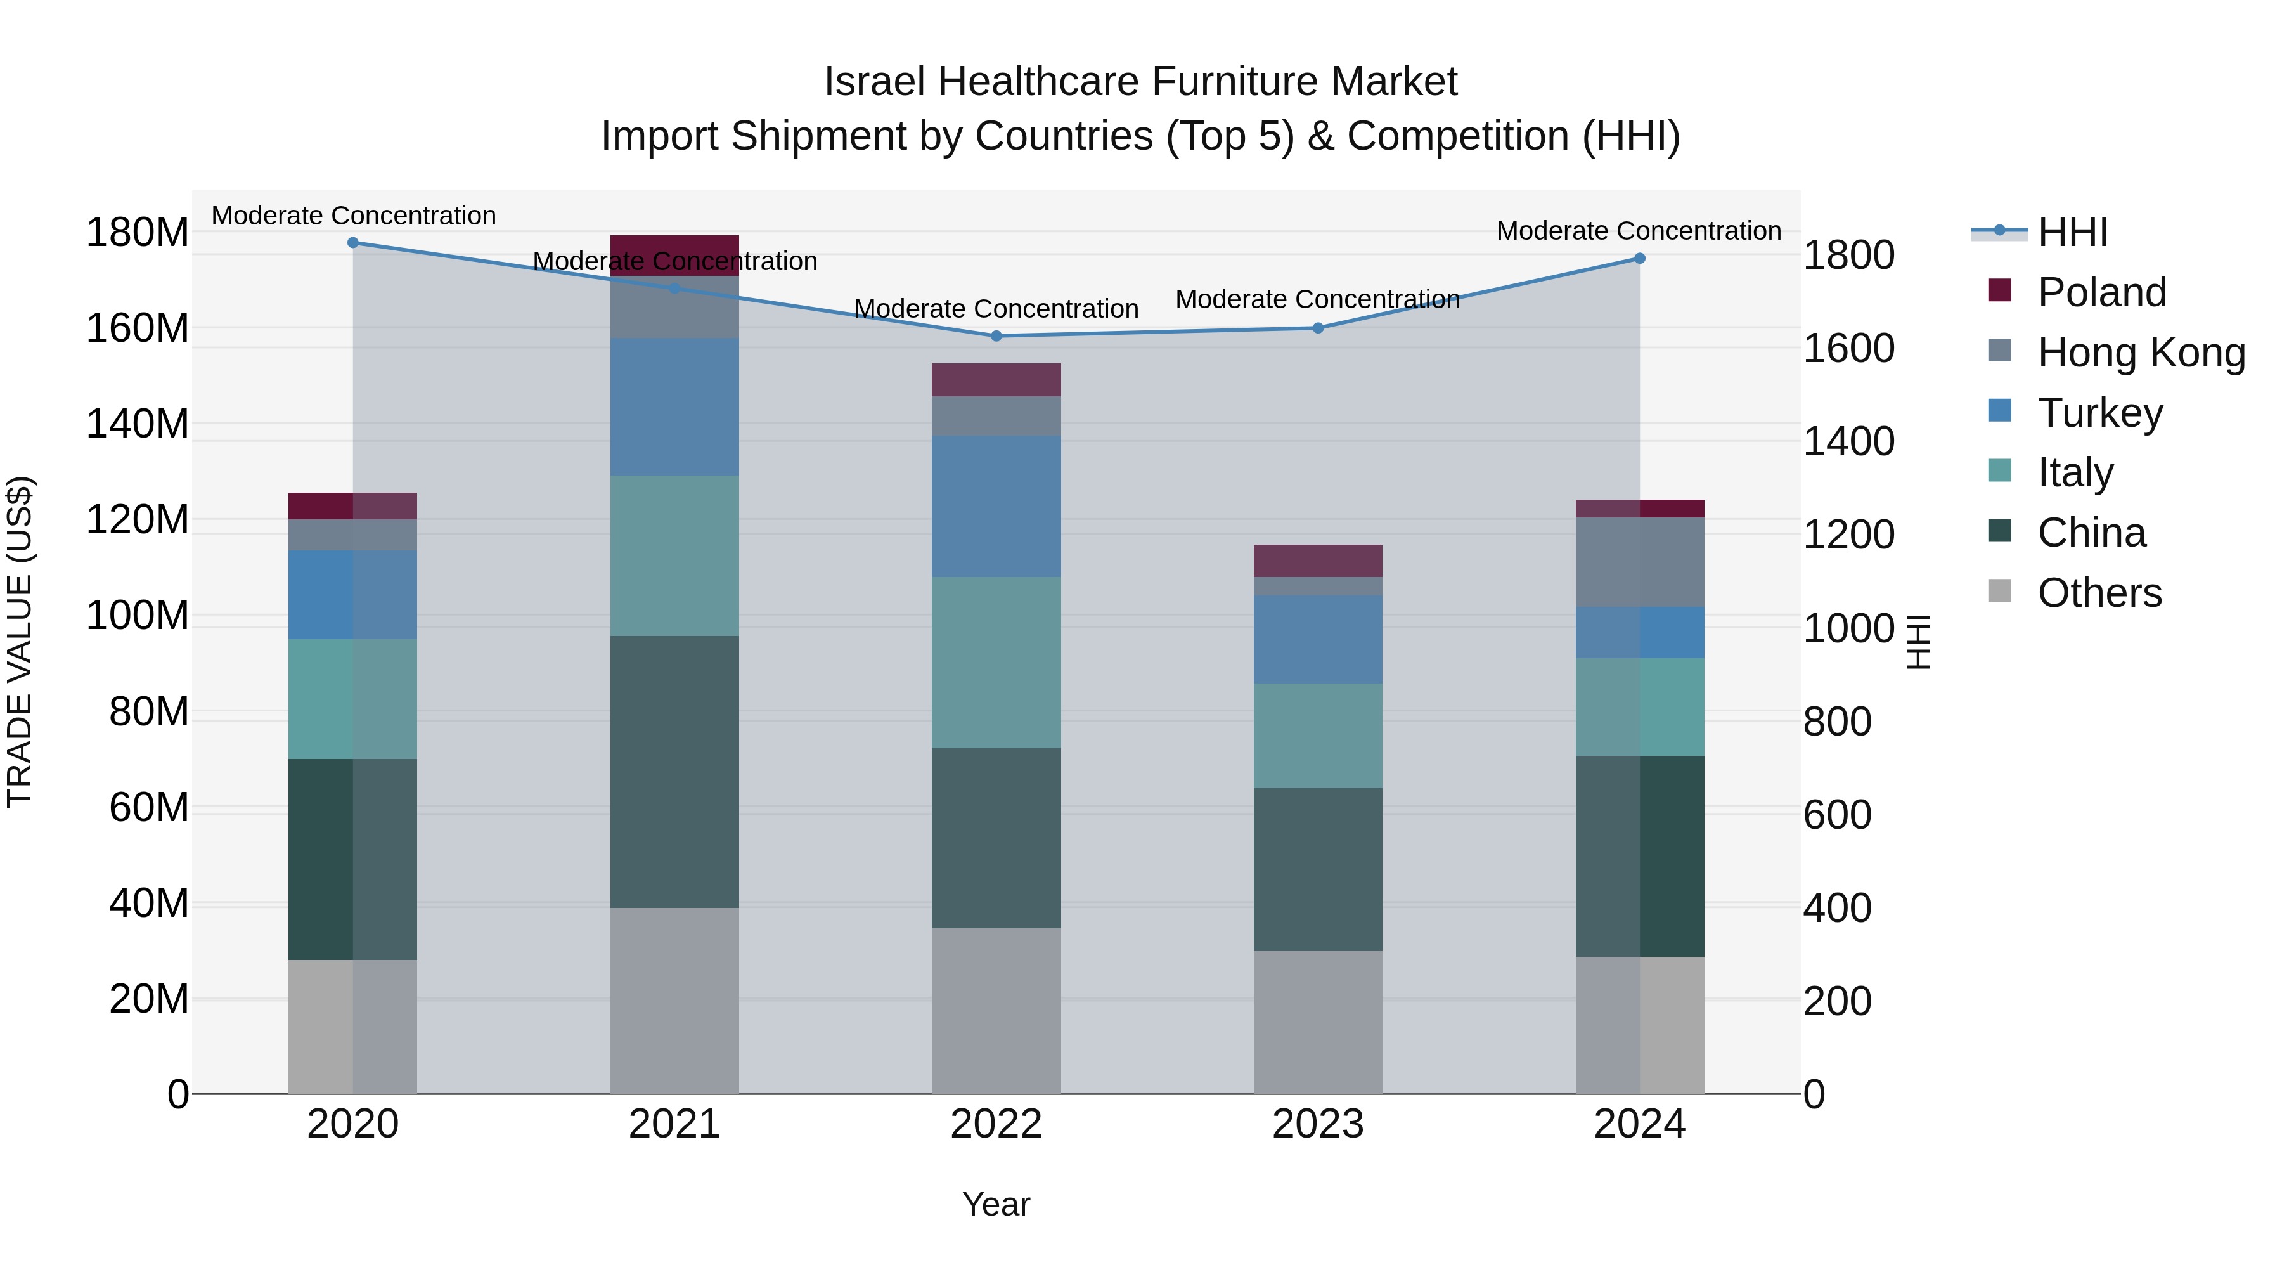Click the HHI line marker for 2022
pyautogui.click(x=996, y=336)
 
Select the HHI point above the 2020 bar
pyautogui.click(x=352, y=242)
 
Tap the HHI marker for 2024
pyautogui.click(x=1639, y=258)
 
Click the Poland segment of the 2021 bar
pyautogui.click(x=674, y=255)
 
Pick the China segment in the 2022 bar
pyautogui.click(x=996, y=838)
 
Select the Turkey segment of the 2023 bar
pyautogui.click(x=1317, y=639)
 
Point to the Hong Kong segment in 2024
pyautogui.click(x=1639, y=562)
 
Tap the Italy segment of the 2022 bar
pyautogui.click(x=996, y=662)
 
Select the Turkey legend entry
pyautogui.click(x=2099, y=412)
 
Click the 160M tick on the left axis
pyautogui.click(x=138, y=328)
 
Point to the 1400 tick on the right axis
pyautogui.click(x=1849, y=441)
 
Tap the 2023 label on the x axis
pyautogui.click(x=1317, y=1124)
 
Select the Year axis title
pyautogui.click(x=996, y=1204)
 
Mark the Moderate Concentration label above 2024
pyautogui.click(x=1638, y=230)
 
